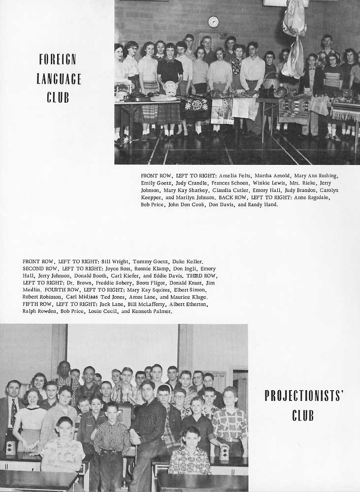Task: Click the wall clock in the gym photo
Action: (213, 22)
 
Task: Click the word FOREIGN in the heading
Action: (58, 60)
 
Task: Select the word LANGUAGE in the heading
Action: (59, 78)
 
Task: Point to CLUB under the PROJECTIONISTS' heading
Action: (303, 416)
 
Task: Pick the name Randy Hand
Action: (265, 204)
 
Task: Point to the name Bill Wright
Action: (115, 261)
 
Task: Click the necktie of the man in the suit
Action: (13, 411)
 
